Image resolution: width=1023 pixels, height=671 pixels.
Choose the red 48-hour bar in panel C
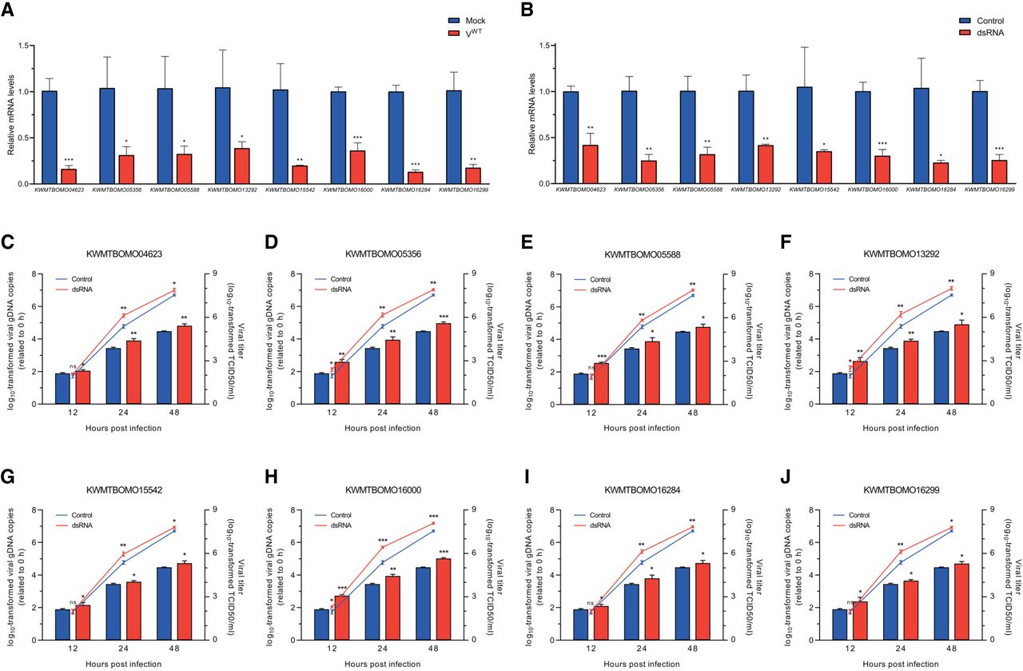pos(185,365)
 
